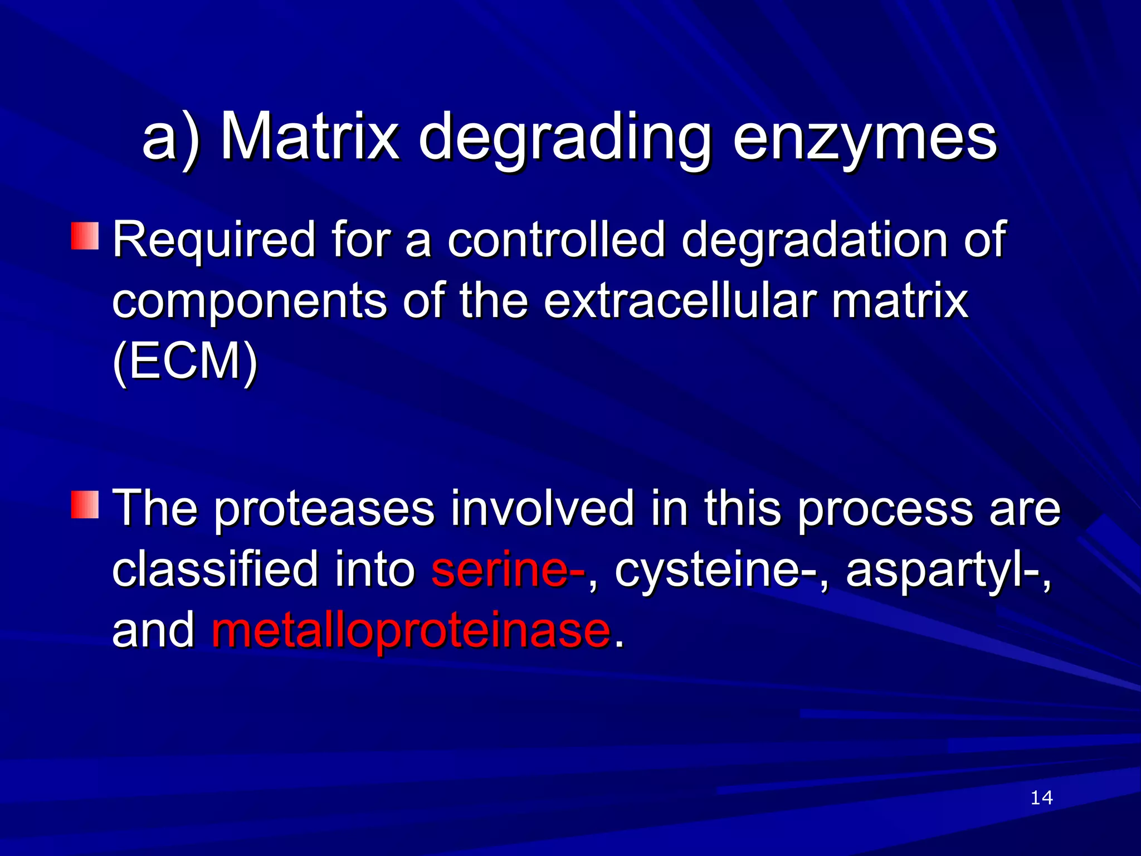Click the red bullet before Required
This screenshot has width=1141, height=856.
pyautogui.click(x=85, y=236)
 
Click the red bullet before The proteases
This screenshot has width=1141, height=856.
pyautogui.click(x=85, y=504)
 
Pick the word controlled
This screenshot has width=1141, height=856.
pyautogui.click(x=556, y=240)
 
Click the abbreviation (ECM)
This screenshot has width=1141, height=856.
pyautogui.click(x=185, y=362)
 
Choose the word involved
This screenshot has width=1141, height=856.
pyautogui.click(x=542, y=508)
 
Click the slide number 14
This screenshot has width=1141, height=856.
pyautogui.click(x=1041, y=798)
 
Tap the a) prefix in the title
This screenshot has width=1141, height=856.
pyautogui.click(x=170, y=138)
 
